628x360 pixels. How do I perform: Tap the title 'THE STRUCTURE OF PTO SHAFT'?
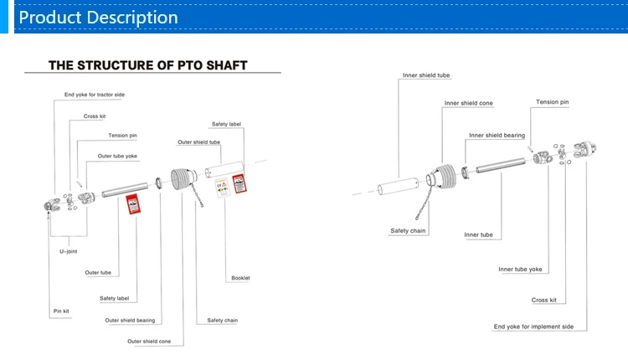(148, 64)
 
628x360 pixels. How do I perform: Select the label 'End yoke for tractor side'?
(95, 95)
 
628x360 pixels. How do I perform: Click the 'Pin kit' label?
(61, 311)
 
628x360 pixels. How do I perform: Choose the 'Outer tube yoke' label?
(117, 156)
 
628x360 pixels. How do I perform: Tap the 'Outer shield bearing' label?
(130, 320)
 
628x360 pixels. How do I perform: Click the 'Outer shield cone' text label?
(149, 341)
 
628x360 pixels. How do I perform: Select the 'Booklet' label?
(240, 278)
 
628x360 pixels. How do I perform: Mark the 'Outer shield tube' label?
(198, 142)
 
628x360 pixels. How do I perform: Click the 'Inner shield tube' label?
(426, 75)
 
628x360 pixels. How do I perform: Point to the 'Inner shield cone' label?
(468, 103)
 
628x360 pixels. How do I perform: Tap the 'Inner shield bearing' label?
(497, 135)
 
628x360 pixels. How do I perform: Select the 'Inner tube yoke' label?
(520, 269)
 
